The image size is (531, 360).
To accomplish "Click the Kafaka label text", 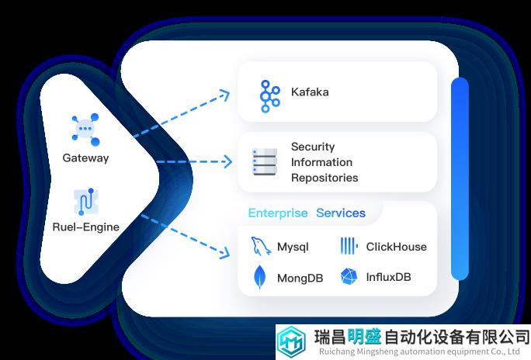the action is point(310,92).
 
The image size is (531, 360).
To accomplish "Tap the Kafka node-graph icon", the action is point(269,96).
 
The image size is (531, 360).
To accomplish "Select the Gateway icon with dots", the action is point(85,130).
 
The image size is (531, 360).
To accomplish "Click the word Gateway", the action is point(85,158).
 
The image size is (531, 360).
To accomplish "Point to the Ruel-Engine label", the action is point(86,227).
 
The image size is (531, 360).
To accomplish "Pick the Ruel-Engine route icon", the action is point(86,202).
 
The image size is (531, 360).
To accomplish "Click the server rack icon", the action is point(265,162).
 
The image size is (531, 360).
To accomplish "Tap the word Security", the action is point(313,147).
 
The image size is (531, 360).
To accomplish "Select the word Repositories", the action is point(324,178).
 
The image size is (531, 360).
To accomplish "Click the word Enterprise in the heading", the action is point(278,213).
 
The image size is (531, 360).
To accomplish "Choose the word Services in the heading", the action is point(341,213).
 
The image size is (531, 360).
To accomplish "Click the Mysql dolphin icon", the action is point(261,246).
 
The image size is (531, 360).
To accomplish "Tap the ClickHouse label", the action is point(396,247).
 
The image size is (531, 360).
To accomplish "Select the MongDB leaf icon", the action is point(260,277).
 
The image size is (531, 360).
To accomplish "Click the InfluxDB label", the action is point(388,277).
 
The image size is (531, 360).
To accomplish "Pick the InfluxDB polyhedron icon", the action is point(349,276).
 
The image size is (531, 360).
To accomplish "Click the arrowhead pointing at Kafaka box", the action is point(225,95).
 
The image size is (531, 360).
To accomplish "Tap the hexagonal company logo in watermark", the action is point(291,341).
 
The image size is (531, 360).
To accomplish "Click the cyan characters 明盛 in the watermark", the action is point(364,337).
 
